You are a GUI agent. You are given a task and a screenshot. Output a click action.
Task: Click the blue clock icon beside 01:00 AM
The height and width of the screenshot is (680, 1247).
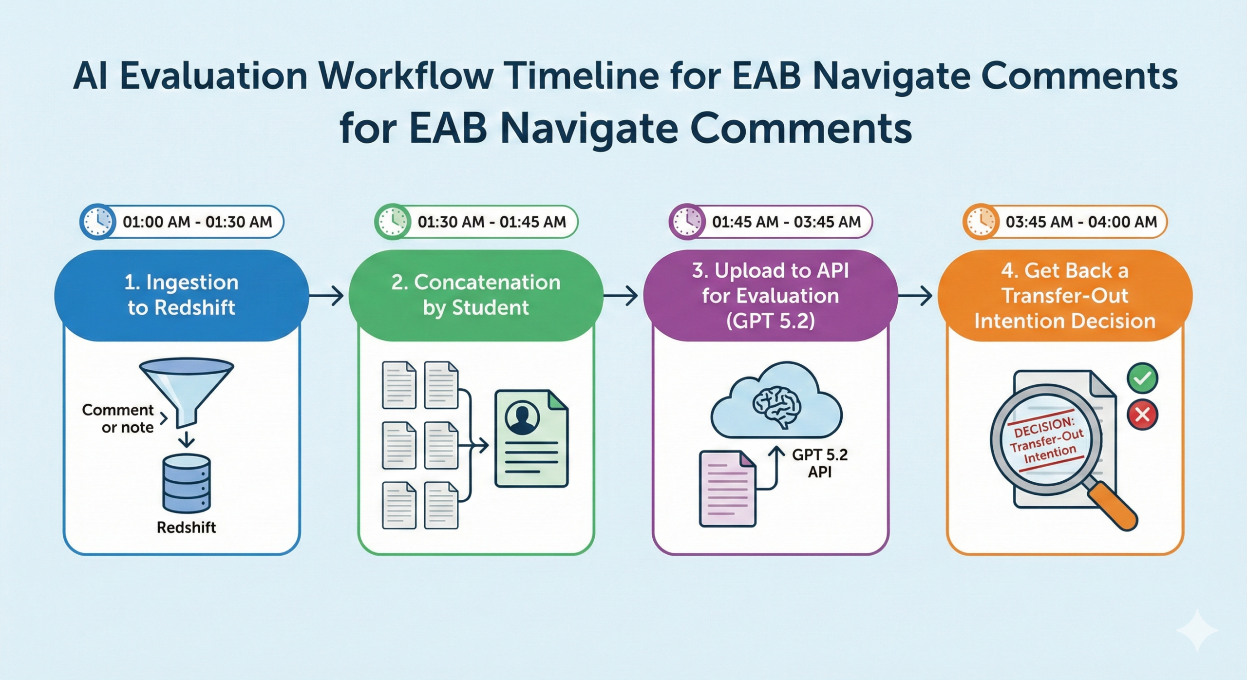pyautogui.click(x=98, y=222)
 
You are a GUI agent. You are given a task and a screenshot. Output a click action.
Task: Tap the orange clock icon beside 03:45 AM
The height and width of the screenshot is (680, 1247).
pyautogui.click(x=981, y=222)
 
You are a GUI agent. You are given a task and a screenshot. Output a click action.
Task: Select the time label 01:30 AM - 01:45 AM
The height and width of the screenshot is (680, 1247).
pyautogui.click(x=492, y=222)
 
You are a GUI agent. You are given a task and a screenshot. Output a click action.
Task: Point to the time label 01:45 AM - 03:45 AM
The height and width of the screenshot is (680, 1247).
pyautogui.click(x=786, y=222)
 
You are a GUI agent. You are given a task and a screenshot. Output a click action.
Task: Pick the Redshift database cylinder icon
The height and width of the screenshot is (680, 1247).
pyautogui.click(x=187, y=483)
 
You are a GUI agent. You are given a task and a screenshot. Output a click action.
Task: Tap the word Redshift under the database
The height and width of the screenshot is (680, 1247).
pyautogui.click(x=186, y=527)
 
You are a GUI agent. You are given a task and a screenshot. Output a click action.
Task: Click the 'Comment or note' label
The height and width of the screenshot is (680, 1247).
pyautogui.click(x=118, y=418)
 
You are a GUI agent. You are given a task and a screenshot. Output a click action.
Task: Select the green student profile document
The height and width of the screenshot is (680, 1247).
pyautogui.click(x=531, y=438)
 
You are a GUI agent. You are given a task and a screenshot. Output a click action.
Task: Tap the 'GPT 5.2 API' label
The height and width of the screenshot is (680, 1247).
pyautogui.click(x=820, y=463)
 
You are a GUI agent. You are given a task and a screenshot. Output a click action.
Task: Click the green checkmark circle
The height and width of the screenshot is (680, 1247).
pyautogui.click(x=1142, y=378)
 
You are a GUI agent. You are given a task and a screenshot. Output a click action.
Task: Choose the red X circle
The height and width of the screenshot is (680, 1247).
pyautogui.click(x=1142, y=415)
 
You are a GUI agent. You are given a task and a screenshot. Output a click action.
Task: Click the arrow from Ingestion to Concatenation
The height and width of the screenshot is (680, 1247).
pyautogui.click(x=326, y=295)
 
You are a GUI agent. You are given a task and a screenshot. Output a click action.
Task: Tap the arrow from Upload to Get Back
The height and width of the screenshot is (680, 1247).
pyautogui.click(x=915, y=295)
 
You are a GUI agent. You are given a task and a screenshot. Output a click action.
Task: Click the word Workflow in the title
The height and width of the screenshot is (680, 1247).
pyautogui.click(x=405, y=76)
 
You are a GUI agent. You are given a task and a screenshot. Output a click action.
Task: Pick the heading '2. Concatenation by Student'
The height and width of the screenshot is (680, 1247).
pyautogui.click(x=476, y=295)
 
